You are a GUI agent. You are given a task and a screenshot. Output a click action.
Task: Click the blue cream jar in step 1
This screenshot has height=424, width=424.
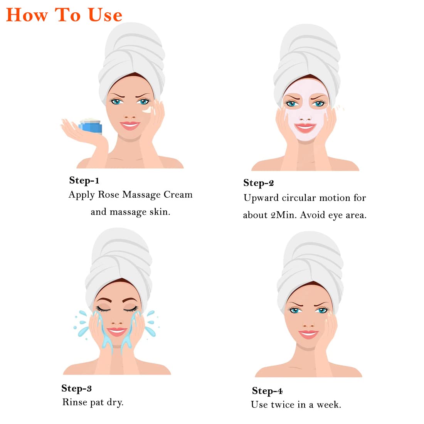point(91,126)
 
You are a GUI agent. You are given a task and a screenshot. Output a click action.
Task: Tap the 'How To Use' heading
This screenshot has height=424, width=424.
point(64,15)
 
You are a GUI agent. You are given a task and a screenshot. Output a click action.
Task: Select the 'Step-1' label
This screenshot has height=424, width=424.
point(84,180)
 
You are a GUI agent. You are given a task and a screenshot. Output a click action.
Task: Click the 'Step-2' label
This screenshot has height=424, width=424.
point(259,183)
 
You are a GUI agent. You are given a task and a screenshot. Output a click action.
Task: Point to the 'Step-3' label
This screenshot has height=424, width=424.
point(77,388)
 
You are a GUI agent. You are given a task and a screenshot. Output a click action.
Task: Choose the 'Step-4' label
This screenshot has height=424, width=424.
point(267,391)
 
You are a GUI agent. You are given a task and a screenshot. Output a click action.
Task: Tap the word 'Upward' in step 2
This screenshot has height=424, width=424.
point(261,198)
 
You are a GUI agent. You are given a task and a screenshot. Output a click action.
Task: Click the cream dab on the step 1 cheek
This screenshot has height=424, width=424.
point(148,110)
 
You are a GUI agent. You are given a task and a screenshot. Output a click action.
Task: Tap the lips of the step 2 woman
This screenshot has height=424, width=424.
point(305,128)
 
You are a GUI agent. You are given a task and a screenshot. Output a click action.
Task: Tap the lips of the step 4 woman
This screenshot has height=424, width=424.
point(308,334)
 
